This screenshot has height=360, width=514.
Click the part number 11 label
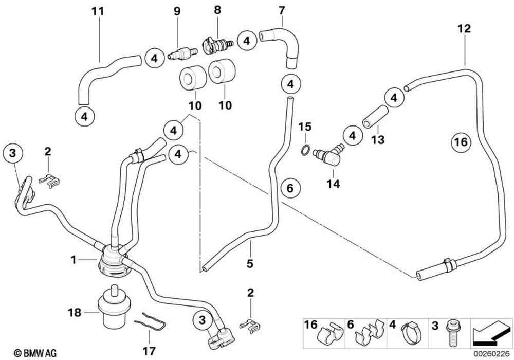(x=98, y=11)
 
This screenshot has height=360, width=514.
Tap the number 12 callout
(x=464, y=29)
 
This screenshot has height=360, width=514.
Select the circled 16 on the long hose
(x=461, y=141)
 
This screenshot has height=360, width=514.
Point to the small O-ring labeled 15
(x=305, y=150)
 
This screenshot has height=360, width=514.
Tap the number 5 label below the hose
(x=250, y=264)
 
